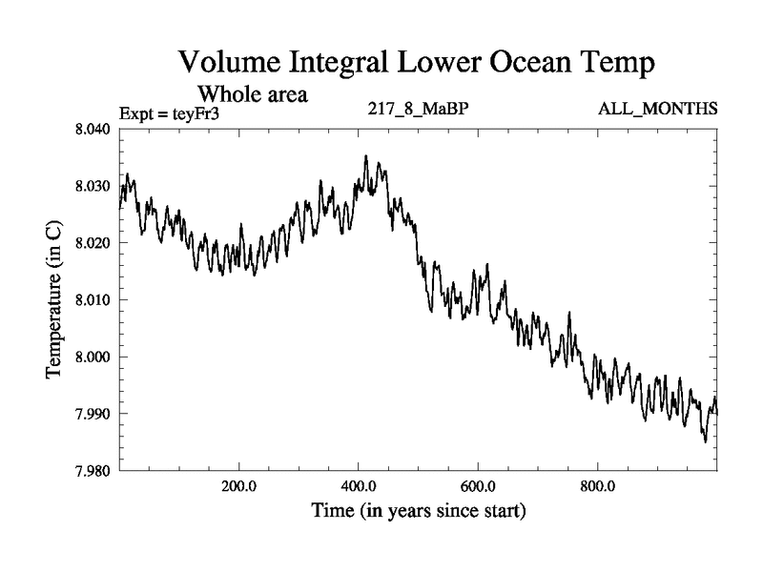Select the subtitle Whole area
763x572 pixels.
click(x=252, y=94)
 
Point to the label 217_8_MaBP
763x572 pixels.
click(x=417, y=110)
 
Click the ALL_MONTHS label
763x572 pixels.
click(x=657, y=110)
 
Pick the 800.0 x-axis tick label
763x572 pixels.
click(x=598, y=485)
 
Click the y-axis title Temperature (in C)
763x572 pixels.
click(x=55, y=299)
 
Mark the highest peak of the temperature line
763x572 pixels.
click(x=365, y=155)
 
